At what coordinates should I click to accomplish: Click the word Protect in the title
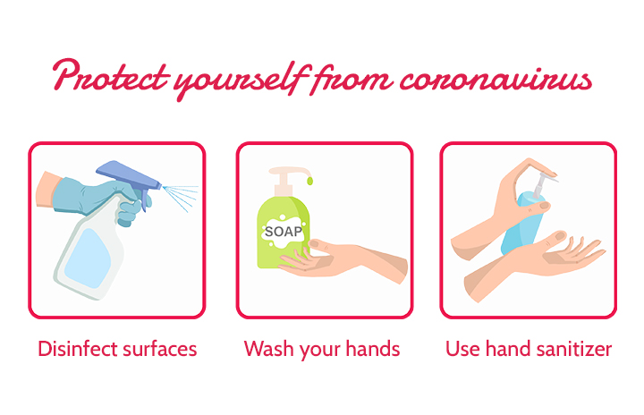point(111,76)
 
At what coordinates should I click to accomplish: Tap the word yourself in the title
point(241,80)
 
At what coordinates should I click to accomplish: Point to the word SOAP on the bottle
point(284,232)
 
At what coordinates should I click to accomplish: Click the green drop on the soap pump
point(309,181)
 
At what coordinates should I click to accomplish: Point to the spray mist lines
point(181,198)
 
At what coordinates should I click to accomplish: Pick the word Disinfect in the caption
point(78,349)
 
